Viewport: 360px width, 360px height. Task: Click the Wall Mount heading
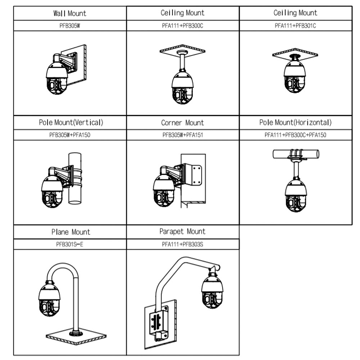click(70, 13)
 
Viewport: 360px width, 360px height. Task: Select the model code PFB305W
click(70, 26)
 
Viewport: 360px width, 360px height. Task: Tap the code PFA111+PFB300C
click(183, 26)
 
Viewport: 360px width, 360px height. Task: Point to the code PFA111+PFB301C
click(295, 26)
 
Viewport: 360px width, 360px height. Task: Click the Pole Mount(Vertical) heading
click(71, 122)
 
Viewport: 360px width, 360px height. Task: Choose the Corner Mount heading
click(183, 123)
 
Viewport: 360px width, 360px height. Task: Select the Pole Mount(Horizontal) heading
click(295, 122)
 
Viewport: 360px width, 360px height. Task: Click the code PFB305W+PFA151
click(183, 135)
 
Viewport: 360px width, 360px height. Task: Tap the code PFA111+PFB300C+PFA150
click(295, 135)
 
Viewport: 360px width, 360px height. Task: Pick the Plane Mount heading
click(71, 232)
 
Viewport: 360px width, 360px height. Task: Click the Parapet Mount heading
click(183, 231)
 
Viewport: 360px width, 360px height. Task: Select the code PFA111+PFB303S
click(183, 244)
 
